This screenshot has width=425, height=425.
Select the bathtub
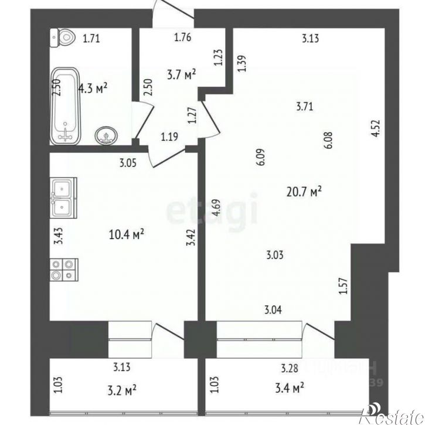pos(64,106)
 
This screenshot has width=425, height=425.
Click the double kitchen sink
pos(62,197)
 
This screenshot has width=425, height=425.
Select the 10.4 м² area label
pos(127,234)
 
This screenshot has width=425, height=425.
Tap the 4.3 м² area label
pos(93,88)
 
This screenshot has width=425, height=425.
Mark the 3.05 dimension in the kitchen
pos(128,164)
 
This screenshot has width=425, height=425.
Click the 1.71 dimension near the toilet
pos(93,40)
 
